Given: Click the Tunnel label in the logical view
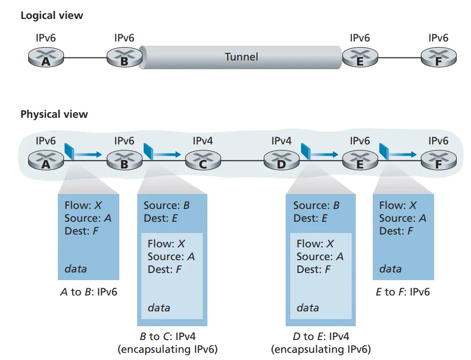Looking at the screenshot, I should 241,56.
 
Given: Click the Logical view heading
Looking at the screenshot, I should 52,15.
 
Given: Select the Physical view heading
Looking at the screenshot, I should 54,114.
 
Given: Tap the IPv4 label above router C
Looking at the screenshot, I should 203,140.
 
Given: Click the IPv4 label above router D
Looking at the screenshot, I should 281,140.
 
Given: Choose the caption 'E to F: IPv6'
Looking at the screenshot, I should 402,292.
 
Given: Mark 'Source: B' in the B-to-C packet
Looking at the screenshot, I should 166,205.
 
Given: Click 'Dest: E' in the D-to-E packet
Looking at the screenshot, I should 310,218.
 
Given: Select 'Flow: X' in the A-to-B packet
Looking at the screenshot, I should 83,205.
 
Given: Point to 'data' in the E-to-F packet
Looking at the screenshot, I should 390,268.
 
